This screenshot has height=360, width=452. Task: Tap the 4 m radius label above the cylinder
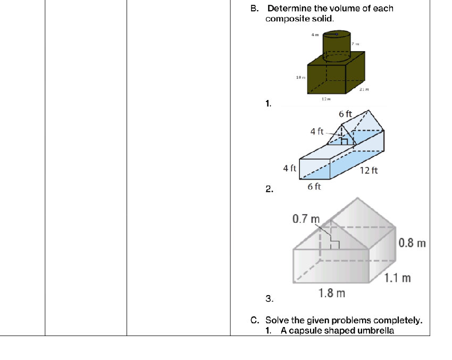pos(314,34)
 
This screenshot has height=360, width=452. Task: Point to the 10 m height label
pos(300,78)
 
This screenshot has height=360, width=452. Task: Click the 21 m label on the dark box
pos(364,90)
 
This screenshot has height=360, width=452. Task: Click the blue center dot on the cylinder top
pos(337,35)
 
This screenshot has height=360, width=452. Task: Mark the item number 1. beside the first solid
pos(269,104)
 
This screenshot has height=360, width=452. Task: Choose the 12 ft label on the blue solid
pos(369,171)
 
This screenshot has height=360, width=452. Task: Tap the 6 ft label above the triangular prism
pos(345,114)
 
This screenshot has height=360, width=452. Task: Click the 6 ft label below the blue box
pos(314,186)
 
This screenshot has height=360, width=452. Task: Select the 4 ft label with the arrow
pos(317,131)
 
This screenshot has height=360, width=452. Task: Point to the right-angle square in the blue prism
pos(344,141)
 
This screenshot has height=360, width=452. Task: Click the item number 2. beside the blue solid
pos(269,189)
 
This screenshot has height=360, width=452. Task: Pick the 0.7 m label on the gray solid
pos(306,219)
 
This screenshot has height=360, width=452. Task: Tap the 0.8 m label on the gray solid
pos(413,243)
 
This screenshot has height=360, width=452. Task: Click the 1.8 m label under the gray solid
pos(332,293)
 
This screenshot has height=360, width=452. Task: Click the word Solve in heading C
pos(277,320)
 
